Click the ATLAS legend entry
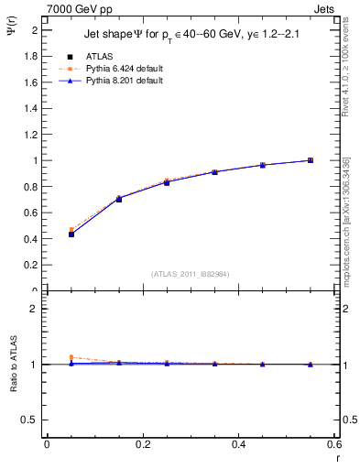click(99, 56)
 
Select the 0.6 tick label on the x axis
click(335, 445)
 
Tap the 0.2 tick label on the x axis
click(142, 445)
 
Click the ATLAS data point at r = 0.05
click(71, 234)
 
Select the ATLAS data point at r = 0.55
click(311, 160)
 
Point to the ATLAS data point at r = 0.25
click(167, 182)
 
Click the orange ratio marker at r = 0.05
click(71, 357)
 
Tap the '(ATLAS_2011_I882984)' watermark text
click(190, 273)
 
